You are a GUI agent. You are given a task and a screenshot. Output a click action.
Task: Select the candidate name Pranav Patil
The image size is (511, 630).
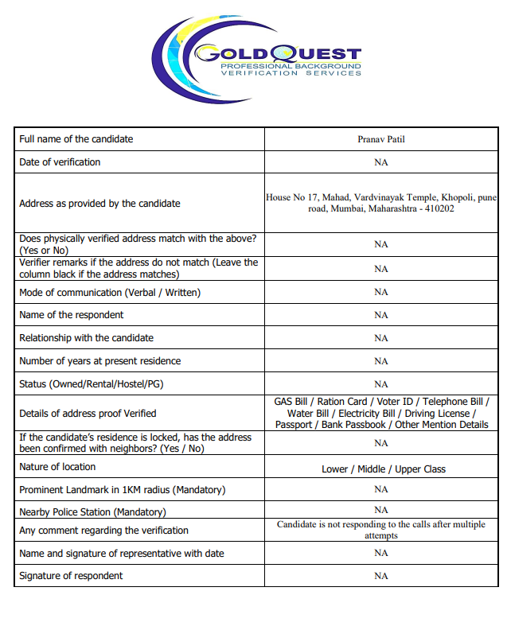[381, 139]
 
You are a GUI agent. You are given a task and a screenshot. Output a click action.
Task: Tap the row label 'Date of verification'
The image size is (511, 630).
[60, 162]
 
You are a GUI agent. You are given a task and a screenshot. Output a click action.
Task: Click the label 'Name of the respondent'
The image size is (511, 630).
[72, 315]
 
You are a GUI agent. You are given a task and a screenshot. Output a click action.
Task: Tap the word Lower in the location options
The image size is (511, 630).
[334, 469]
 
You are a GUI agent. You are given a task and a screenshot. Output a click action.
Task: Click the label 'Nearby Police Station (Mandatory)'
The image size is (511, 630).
[92, 512]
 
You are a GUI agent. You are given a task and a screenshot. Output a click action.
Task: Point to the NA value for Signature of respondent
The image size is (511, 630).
[381, 576]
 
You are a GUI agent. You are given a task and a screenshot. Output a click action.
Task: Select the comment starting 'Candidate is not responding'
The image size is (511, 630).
[381, 530]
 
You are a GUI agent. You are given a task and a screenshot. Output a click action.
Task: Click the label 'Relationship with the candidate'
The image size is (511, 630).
[86, 338]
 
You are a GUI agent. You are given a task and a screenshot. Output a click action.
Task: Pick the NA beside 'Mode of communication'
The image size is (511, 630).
[381, 292]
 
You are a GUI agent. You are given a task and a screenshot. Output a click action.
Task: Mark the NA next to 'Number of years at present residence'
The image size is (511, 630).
[381, 361]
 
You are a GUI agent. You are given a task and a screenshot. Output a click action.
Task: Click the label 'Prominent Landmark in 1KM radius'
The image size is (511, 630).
[122, 490]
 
